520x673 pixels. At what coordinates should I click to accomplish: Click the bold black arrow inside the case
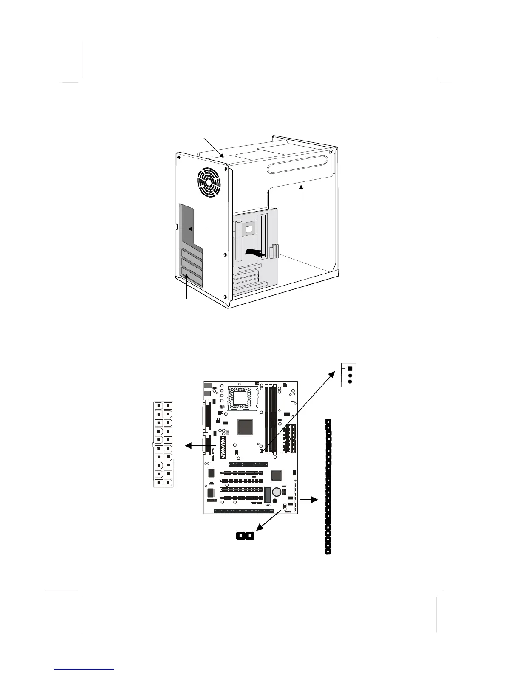click(257, 252)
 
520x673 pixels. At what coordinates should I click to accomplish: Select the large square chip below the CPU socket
click(246, 427)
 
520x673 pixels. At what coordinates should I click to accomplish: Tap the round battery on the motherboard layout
click(277, 492)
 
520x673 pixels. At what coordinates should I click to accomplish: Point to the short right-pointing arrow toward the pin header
click(309, 500)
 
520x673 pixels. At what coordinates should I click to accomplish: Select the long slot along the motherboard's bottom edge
click(244, 511)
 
